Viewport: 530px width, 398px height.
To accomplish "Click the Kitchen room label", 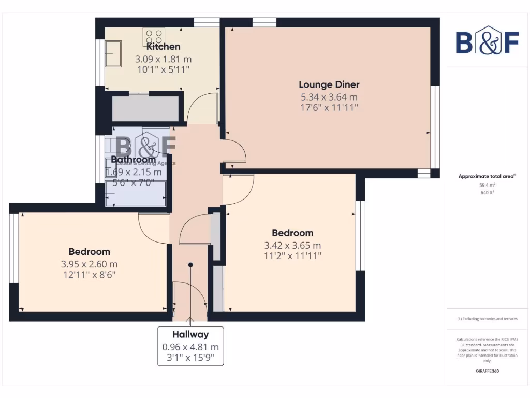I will coord(163,47).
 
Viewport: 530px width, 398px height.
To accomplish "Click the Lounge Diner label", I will coord(329,84).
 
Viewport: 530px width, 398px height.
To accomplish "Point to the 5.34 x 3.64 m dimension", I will coord(329,96).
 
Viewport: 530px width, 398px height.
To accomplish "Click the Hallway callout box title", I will coord(190,335).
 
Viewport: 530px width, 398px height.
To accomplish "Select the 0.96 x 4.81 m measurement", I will coord(190,347).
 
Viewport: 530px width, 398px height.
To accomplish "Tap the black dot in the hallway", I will coord(190,265).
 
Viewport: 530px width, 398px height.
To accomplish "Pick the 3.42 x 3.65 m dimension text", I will coord(292,245).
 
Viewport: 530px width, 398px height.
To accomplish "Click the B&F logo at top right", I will coord(487,40).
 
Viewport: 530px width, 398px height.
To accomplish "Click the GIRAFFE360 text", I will coord(487,371).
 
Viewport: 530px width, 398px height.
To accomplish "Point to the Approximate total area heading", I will coord(487,176).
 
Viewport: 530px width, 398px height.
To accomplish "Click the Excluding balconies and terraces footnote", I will coord(487,319).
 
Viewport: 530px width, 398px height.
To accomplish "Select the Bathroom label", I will coord(133,160).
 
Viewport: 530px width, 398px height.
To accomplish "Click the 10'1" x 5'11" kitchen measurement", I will coord(163,69).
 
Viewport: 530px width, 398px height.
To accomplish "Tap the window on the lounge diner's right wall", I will coord(436,127).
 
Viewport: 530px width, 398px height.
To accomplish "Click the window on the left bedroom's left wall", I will coord(13,248).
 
